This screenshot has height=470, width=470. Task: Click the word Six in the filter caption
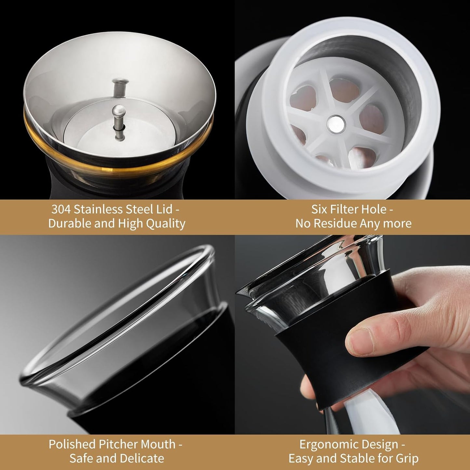[318, 209]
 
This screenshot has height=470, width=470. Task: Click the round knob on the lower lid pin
[119, 111]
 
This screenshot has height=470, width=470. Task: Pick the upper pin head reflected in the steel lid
[120, 81]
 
